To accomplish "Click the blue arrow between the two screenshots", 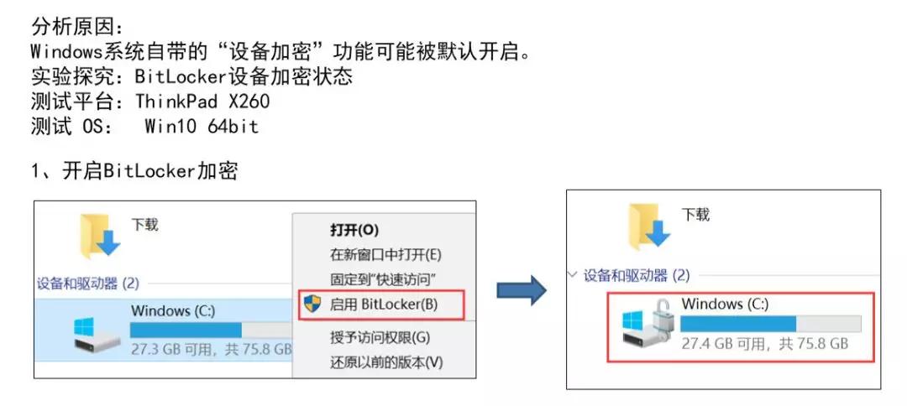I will (x=522, y=291).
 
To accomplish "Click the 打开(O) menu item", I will (x=354, y=230).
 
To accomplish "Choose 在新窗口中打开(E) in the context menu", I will (x=385, y=254).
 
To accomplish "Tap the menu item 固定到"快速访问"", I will (x=382, y=278).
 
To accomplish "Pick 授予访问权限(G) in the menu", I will (x=380, y=338).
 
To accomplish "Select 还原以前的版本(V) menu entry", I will (x=385, y=362).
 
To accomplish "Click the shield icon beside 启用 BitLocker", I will (x=312, y=304).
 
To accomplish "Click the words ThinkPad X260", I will (x=202, y=102).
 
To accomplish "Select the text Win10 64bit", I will (x=201, y=128).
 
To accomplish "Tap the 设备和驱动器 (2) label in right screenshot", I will (x=636, y=274).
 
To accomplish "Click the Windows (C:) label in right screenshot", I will (x=725, y=304).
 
